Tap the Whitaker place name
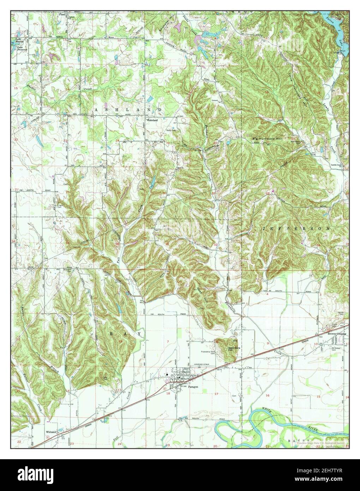(x=51, y=432)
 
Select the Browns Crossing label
(x=337, y=333)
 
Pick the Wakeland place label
(x=152, y=120)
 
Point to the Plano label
(x=62, y=14)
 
